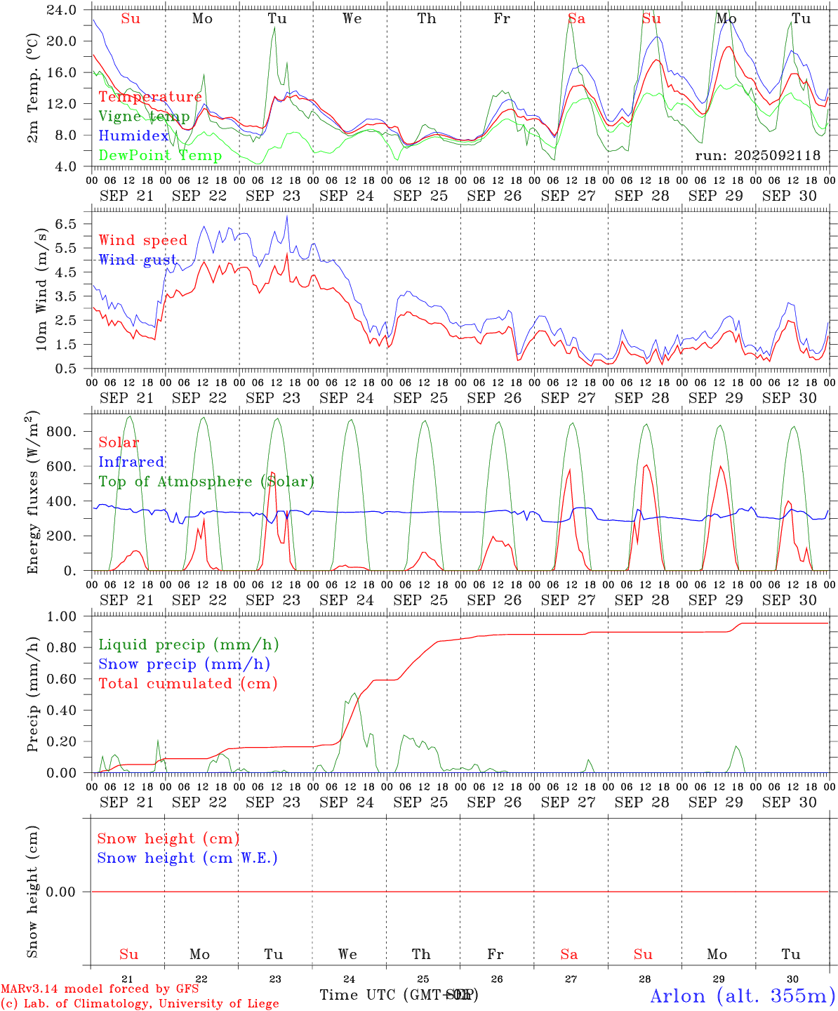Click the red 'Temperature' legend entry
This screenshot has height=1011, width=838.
click(149, 97)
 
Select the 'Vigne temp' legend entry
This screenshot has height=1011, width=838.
click(144, 117)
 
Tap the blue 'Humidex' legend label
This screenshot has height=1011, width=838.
click(133, 136)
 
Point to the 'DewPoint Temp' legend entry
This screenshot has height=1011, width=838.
click(160, 156)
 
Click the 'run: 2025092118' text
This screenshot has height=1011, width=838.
click(757, 156)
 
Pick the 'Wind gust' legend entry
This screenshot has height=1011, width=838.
click(138, 260)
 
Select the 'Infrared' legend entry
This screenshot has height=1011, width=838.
click(131, 462)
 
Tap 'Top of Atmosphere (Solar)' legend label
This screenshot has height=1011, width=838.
click(206, 482)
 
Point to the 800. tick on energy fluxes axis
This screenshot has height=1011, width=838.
click(62, 432)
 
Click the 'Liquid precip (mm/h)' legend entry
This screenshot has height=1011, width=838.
click(188, 645)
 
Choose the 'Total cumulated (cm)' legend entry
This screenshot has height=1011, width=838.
click(187, 684)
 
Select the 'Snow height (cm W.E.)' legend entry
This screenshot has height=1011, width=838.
click(187, 858)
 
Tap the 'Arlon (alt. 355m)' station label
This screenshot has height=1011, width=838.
click(743, 996)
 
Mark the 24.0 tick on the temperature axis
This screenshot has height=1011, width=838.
click(62, 11)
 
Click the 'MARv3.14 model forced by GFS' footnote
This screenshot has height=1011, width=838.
click(100, 989)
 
